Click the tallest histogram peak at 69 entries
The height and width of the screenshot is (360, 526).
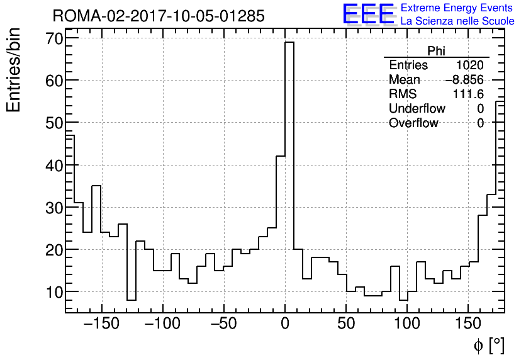pyautogui.click(x=289, y=43)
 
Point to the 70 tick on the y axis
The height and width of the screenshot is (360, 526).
pyautogui.click(x=53, y=38)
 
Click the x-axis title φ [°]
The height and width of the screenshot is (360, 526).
pyautogui.click(x=489, y=346)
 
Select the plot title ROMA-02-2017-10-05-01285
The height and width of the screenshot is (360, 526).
pyautogui.click(x=159, y=16)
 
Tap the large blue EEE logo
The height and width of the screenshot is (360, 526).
pyautogui.click(x=369, y=14)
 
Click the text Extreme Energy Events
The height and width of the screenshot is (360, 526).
pyautogui.click(x=457, y=8)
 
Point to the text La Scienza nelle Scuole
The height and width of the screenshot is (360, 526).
pyautogui.click(x=457, y=21)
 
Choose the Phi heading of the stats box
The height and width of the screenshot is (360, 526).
pyautogui.click(x=436, y=52)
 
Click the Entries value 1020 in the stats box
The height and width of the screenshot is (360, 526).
pyautogui.click(x=470, y=65)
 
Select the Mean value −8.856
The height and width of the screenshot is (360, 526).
pyautogui.click(x=464, y=80)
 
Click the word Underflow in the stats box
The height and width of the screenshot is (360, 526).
pyautogui.click(x=417, y=108)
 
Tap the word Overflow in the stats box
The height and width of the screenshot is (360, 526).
pyautogui.click(x=413, y=123)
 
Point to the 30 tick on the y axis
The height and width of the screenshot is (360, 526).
pyautogui.click(x=53, y=208)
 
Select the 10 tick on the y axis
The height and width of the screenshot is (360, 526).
pyautogui.click(x=53, y=292)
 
